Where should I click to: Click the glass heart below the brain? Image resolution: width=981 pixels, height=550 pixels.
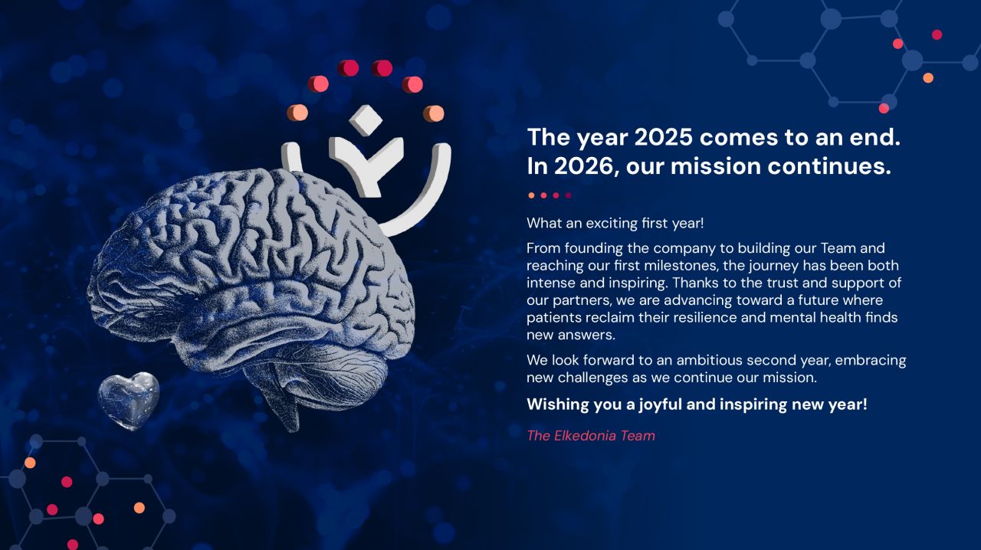pyautogui.click(x=128, y=401)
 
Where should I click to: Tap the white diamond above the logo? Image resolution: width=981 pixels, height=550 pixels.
pyautogui.click(x=366, y=119)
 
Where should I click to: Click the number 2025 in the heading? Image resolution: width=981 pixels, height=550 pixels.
pyautogui.click(x=663, y=137)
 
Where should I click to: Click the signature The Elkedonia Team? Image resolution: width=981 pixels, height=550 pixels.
pyautogui.click(x=591, y=436)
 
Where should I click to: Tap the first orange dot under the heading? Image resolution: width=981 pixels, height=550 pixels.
pyautogui.click(x=531, y=195)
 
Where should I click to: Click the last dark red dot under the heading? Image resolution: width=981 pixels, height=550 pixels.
pyautogui.click(x=568, y=195)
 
